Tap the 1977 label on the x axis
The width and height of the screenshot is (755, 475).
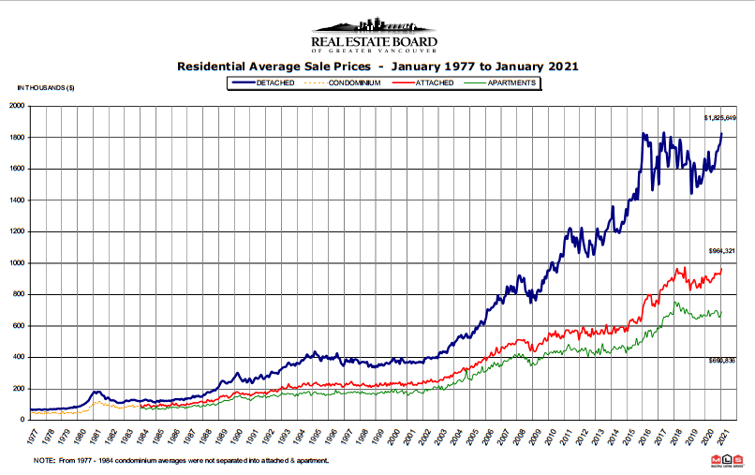pos(32,436)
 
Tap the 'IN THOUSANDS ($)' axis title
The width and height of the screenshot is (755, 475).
pos(46,87)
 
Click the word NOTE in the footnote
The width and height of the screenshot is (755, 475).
pos(43,461)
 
